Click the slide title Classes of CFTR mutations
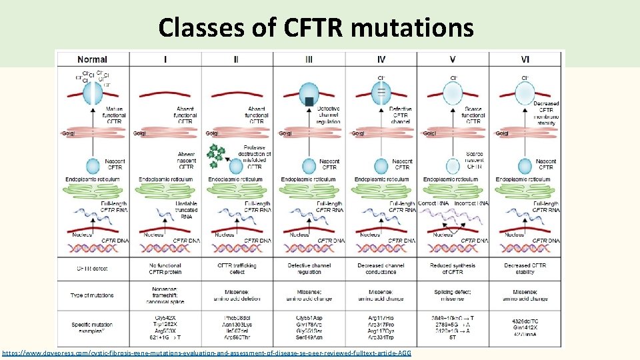[316, 27]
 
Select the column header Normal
[92, 59]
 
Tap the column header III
[308, 59]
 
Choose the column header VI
[525, 59]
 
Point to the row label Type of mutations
[92, 295]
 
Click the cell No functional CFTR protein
[165, 269]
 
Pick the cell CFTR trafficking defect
[237, 269]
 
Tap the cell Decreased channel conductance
[381, 269]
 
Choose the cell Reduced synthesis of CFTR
[453, 269]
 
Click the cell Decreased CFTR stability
[525, 269]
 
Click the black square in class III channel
[309, 101]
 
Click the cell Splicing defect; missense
[453, 295]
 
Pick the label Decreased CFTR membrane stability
[546, 113]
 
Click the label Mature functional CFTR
[115, 115]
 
